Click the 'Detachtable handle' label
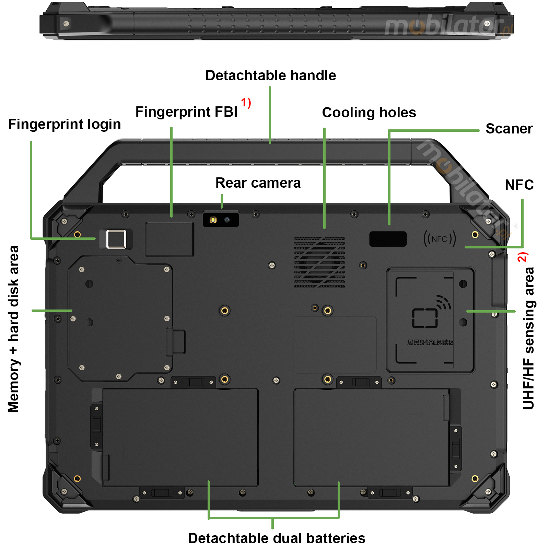click(270, 75)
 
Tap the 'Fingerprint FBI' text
click(186, 112)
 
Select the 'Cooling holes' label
click(369, 113)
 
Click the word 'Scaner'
click(509, 129)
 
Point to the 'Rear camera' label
click(258, 183)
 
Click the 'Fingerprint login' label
click(65, 124)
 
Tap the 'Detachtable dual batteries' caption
click(277, 538)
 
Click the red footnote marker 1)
click(246, 103)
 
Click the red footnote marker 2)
click(523, 257)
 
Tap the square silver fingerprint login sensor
click(116, 239)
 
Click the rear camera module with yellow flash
click(221, 220)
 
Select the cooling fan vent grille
click(319, 262)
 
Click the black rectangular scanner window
click(388, 239)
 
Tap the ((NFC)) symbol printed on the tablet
click(440, 239)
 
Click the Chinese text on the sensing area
click(430, 342)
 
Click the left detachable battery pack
click(180, 437)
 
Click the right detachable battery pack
click(371, 437)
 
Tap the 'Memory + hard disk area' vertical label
click(13, 329)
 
